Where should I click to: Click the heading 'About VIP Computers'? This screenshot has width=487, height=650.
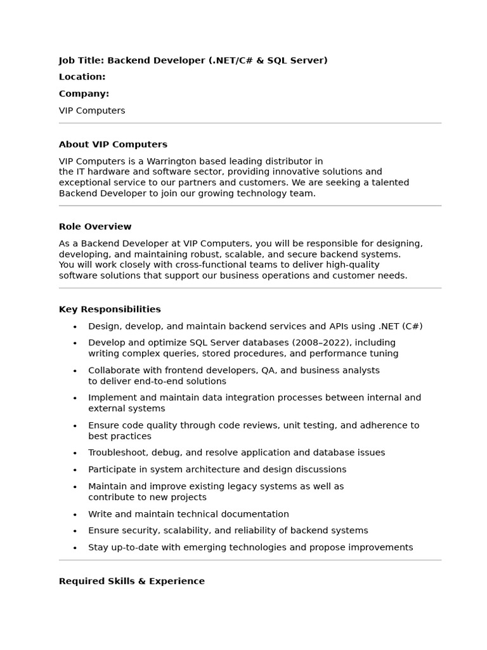[x=113, y=145]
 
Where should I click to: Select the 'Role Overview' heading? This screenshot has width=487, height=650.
[x=95, y=227]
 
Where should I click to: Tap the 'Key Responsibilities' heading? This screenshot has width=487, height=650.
[x=110, y=310]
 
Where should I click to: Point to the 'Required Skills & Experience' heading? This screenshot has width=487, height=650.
[x=132, y=581]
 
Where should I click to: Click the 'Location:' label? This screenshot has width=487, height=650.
[x=82, y=77]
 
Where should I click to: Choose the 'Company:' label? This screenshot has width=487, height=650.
[x=84, y=94]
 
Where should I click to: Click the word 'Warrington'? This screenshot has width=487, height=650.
[x=178, y=161]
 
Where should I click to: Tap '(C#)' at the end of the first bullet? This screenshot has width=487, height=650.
[x=412, y=326]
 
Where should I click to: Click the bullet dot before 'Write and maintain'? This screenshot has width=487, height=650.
[x=75, y=515]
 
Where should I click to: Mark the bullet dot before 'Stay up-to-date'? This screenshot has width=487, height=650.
[x=75, y=548]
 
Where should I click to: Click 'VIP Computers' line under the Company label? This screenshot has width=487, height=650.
[x=92, y=110]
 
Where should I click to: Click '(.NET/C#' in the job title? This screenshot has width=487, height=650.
[x=231, y=60]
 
